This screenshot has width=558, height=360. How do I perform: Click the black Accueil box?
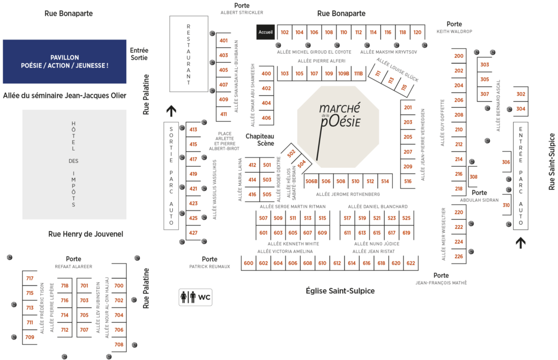265,32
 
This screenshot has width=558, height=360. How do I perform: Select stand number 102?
285,32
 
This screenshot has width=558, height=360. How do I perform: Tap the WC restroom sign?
196,297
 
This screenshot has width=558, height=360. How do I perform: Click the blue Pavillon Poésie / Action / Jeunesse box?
64,62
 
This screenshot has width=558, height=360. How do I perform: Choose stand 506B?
311,181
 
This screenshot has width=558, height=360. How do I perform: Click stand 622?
411,263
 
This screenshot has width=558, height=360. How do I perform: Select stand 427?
193,233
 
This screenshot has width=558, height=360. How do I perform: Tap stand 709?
30,337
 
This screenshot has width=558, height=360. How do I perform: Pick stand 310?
506,205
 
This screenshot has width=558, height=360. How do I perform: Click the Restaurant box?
189,54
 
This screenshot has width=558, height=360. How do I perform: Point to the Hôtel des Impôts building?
74,165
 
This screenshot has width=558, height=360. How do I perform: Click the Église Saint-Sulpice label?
340,291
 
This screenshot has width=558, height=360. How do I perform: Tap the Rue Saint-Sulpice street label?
551,161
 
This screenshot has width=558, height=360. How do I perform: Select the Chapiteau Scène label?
260,140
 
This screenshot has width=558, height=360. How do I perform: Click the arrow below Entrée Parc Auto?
521,243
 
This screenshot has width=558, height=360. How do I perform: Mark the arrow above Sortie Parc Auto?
171,111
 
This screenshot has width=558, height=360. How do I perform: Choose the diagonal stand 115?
404,87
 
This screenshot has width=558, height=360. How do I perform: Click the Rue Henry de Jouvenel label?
86,234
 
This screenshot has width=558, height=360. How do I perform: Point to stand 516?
408,181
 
